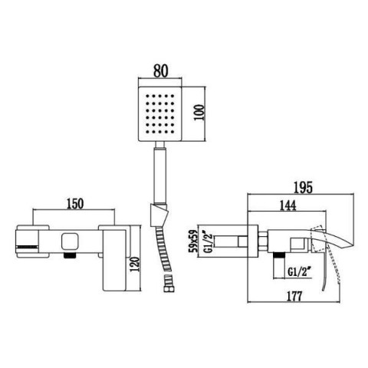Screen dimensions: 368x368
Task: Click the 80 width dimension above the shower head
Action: click(x=161, y=71)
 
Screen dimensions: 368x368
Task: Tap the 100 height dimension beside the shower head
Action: click(x=199, y=113)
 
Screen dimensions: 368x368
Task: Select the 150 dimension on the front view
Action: click(x=75, y=204)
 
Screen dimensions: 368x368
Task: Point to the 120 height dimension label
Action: click(x=136, y=264)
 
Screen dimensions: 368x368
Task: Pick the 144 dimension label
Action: click(x=287, y=205)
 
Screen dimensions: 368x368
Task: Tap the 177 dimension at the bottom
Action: click(x=294, y=297)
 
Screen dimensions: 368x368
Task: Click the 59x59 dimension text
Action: click(x=193, y=242)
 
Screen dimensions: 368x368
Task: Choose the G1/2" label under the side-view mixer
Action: click(x=299, y=271)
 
